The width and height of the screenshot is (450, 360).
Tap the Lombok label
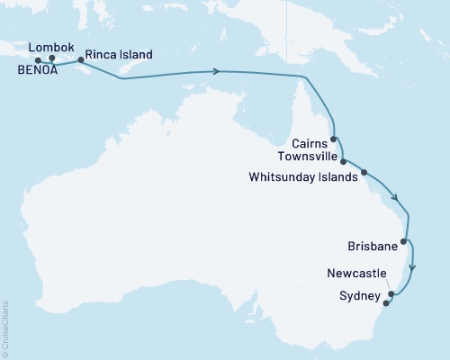pos(51,47)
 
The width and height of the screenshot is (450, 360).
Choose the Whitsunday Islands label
pos(301,177)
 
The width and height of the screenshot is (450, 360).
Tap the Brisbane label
pos(372,245)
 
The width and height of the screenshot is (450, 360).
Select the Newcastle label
pos(359,272)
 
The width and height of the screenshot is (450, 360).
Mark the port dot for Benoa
pos(38,61)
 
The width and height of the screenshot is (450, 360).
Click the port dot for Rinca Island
pos(82,60)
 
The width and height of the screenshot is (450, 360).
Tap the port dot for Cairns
pos(334,139)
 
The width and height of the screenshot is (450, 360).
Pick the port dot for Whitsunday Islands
pos(364,172)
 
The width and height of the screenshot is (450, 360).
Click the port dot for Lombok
pos(52,59)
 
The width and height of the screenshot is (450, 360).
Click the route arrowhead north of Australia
pos(217,71)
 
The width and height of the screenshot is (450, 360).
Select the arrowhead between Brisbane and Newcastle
pos(412,266)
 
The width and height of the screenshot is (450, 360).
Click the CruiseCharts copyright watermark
pos(5,328)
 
